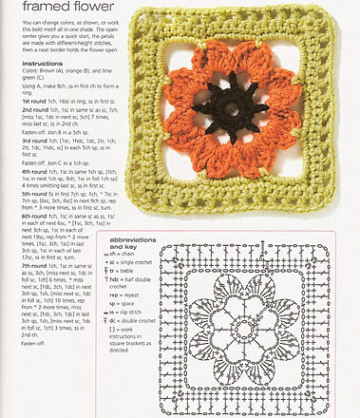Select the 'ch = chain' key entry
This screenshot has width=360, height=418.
(126, 254)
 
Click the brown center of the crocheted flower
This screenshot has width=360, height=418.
(230, 105)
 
